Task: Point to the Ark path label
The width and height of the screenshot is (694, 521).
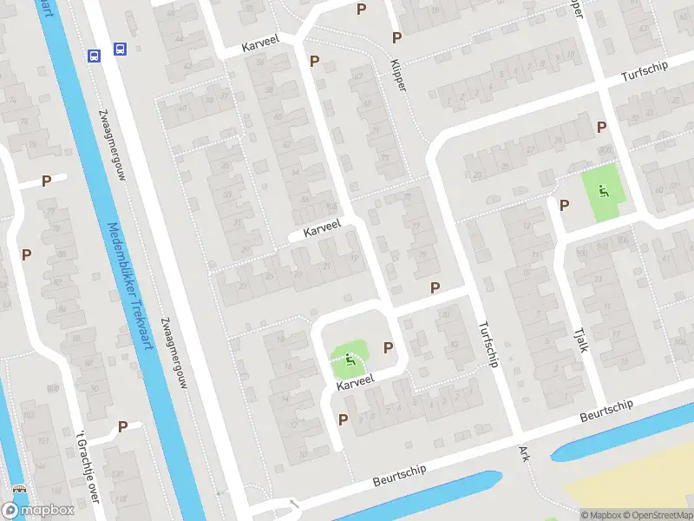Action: [x=523, y=453]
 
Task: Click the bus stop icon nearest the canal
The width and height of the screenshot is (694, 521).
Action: [x=94, y=55]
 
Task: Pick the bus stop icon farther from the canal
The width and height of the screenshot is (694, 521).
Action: [x=120, y=50]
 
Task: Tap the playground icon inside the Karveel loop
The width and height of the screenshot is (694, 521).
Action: [x=350, y=359]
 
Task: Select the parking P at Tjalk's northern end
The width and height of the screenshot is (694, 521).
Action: [x=565, y=205]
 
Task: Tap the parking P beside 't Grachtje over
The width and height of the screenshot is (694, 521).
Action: [x=122, y=426]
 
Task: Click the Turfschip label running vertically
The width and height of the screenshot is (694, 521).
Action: [x=488, y=344]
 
